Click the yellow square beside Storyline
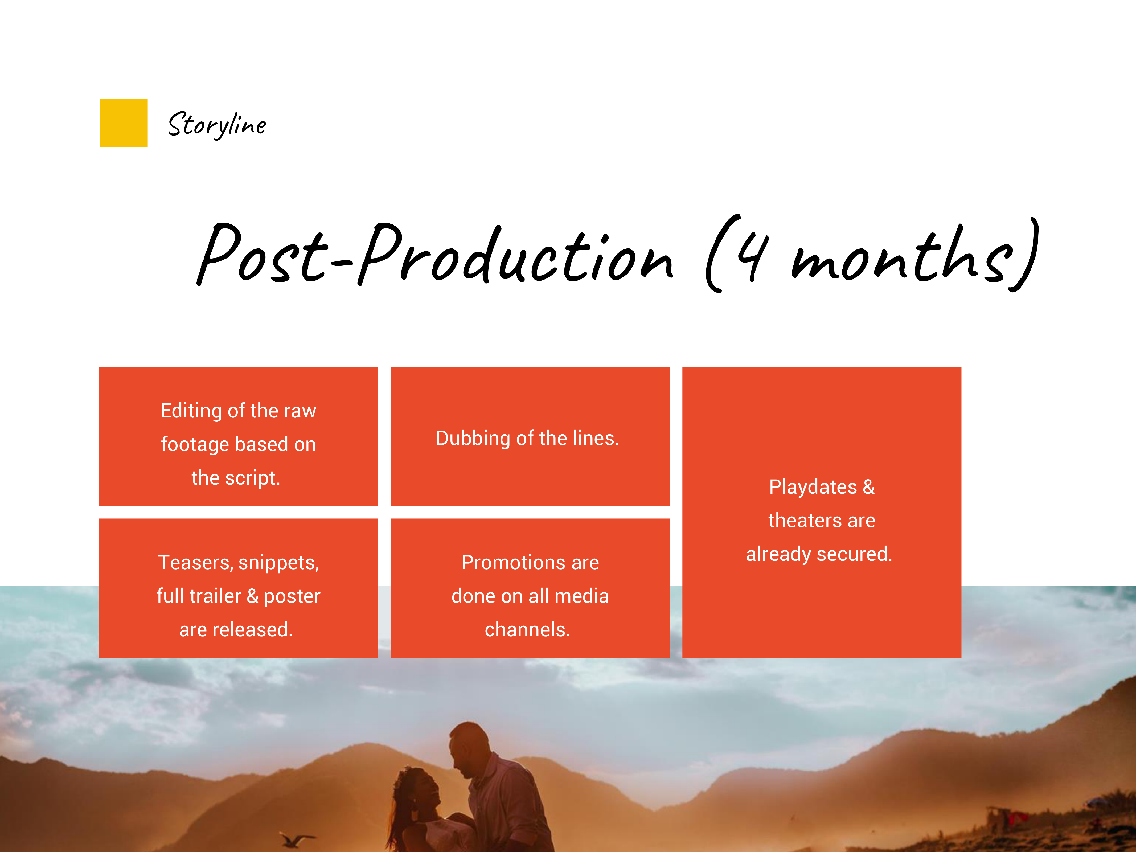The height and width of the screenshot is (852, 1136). (x=123, y=123)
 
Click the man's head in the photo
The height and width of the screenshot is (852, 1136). (x=468, y=747)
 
